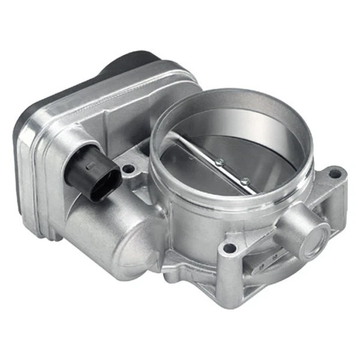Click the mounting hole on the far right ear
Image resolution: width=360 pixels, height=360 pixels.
tap(334, 175)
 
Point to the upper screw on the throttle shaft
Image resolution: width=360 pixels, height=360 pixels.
tap(220, 161)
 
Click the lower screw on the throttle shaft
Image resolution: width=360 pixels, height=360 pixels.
tap(245, 179)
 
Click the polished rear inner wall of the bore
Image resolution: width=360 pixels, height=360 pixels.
tap(252, 120)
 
